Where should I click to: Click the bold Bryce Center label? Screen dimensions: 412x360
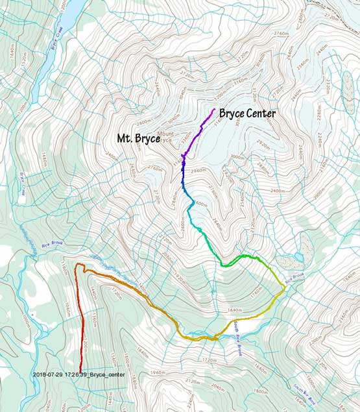[x=247, y=114]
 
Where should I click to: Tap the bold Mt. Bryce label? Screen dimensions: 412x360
[x=138, y=138]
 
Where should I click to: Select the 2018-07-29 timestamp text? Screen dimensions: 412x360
[x=71, y=374]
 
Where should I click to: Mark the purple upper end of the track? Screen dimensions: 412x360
[x=213, y=109]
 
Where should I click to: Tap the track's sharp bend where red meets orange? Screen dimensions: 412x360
[x=77, y=265]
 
